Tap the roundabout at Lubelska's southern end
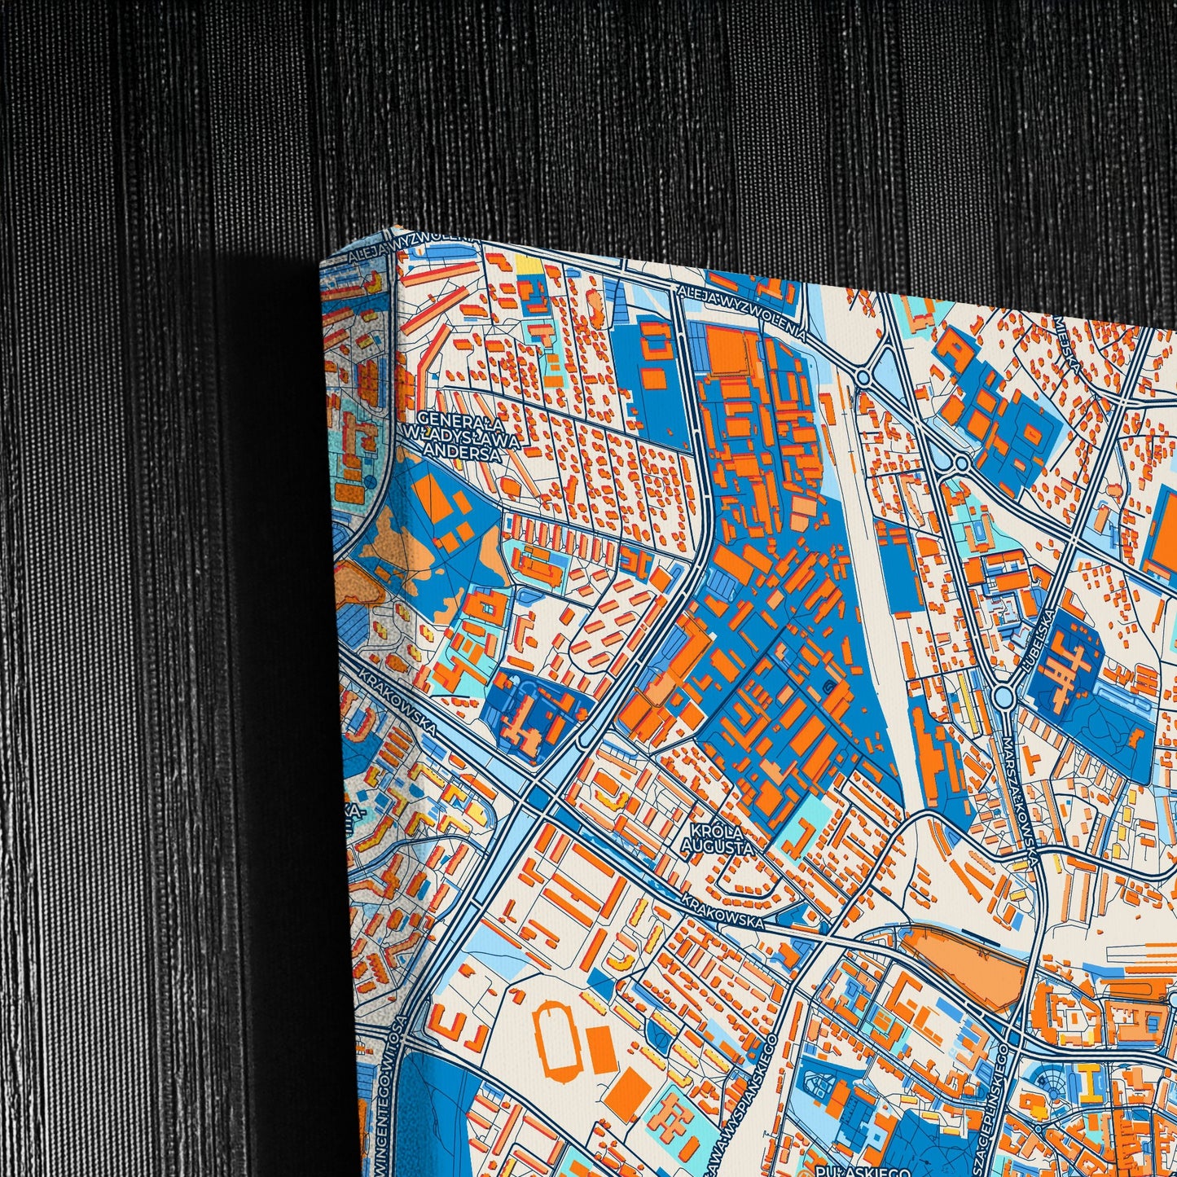click(x=1004, y=696)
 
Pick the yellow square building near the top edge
click(x=525, y=264)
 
